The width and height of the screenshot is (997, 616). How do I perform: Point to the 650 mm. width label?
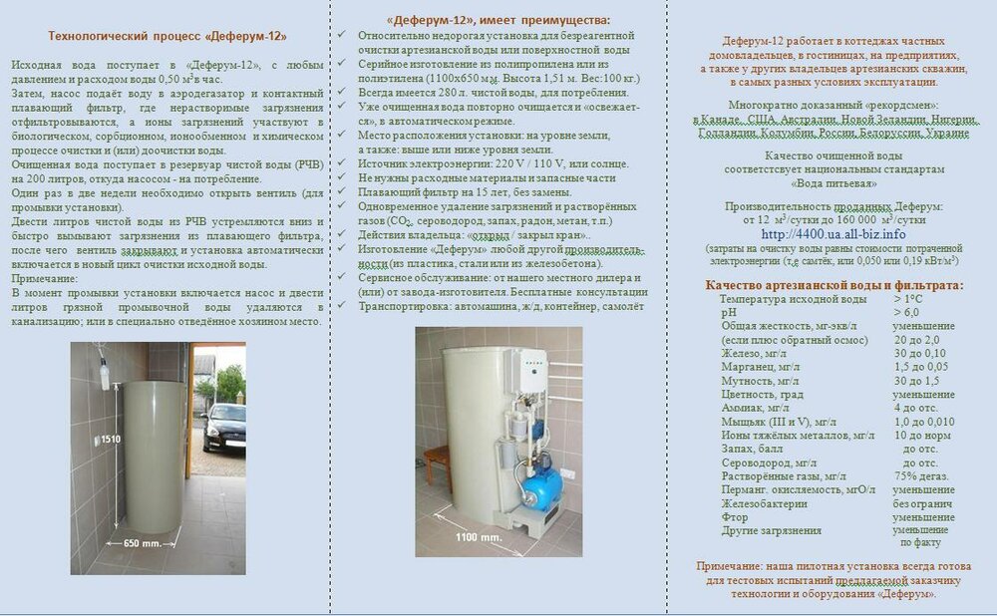pyautogui.click(x=145, y=544)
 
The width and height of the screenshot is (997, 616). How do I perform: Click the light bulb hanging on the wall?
pyautogui.click(x=103, y=372)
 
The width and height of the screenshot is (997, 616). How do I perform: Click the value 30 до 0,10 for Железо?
pyautogui.click(x=919, y=352)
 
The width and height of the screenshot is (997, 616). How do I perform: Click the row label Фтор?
pyautogui.click(x=733, y=516)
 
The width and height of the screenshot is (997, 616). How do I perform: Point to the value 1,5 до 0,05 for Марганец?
pyautogui.click(x=920, y=366)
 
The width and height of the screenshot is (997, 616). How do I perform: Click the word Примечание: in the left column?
pyautogui.click(x=45, y=280)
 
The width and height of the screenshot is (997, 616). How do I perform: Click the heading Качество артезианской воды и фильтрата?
pyautogui.click(x=833, y=285)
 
